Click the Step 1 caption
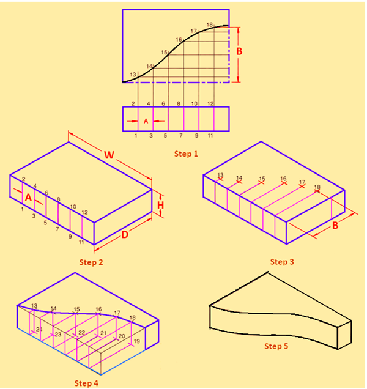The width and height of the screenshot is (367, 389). point(187,153)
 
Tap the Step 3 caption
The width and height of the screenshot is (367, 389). point(282,262)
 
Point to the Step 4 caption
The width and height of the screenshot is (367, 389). point(86,383)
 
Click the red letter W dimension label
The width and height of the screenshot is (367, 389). point(108,155)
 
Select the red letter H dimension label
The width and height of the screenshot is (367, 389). point(161,206)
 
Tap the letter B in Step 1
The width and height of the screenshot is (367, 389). point(239,51)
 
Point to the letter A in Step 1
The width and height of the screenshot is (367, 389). point(146,121)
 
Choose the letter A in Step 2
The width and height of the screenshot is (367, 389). point(28,197)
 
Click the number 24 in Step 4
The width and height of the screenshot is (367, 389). point(39,330)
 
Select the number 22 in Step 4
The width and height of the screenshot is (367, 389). point(81,333)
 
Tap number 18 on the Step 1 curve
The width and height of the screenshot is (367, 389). point(210,25)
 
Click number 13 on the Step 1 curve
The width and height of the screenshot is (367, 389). point(133,75)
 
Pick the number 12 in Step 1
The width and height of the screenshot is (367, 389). point(210,104)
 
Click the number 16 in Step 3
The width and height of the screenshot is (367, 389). point(283,179)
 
